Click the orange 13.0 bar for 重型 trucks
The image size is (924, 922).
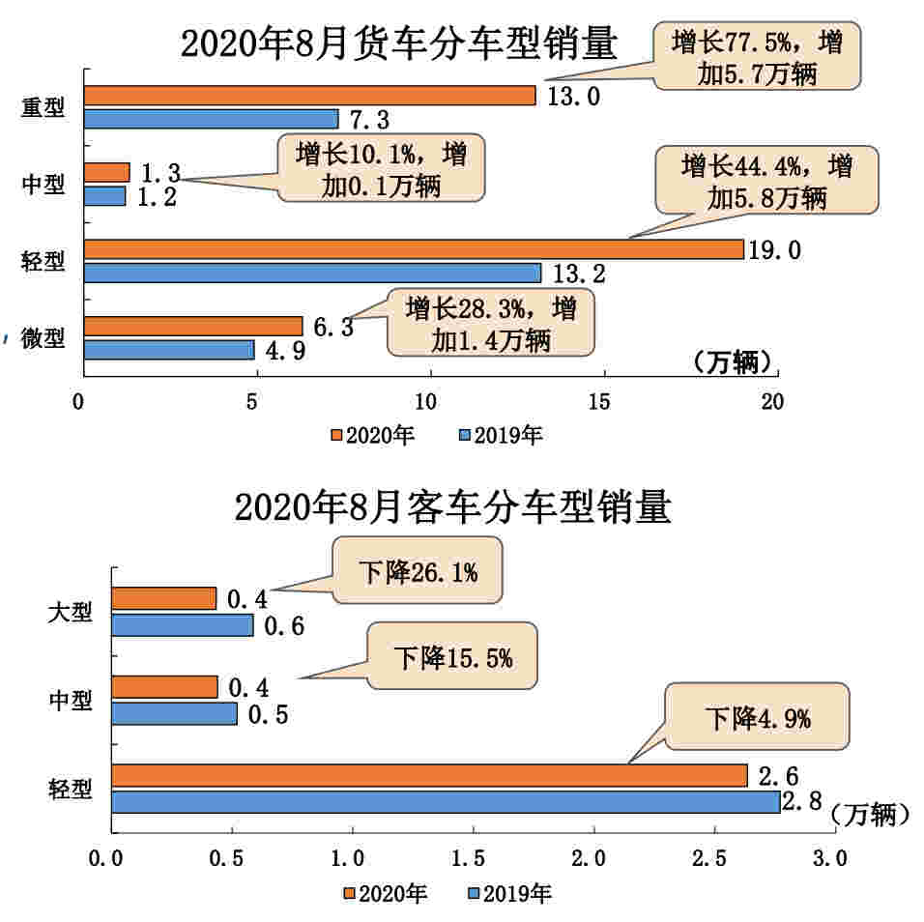click(309, 95)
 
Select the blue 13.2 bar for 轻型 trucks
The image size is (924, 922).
click(312, 273)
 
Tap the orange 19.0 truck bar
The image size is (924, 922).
click(414, 249)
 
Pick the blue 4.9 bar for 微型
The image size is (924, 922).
click(169, 349)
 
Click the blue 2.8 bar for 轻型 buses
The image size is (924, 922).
click(446, 801)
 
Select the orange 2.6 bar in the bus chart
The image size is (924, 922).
click(429, 776)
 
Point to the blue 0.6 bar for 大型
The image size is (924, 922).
click(183, 625)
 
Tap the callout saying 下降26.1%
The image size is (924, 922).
click(419, 573)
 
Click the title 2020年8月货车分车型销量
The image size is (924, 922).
click(398, 43)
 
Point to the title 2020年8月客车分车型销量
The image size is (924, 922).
click(452, 506)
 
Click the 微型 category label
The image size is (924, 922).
click(43, 338)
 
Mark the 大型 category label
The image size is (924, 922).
click(71, 613)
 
